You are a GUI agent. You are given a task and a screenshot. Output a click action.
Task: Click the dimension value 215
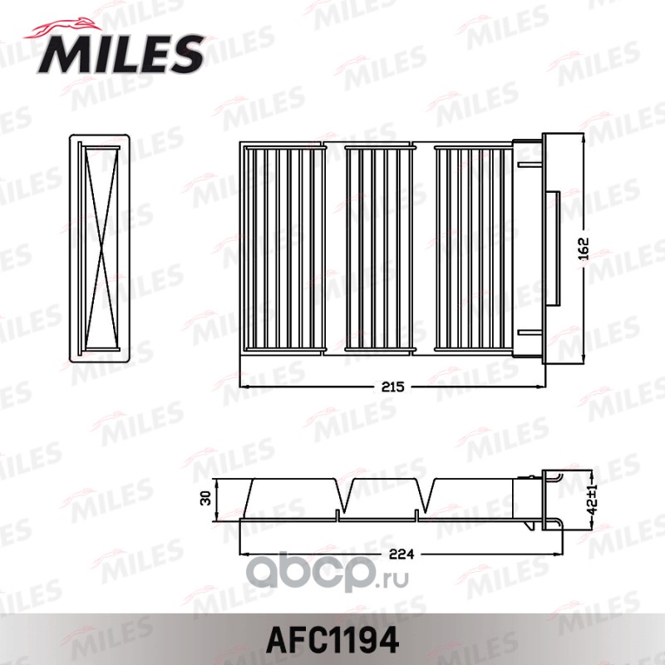tap(392, 387)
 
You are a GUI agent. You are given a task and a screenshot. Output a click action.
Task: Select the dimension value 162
tap(584, 249)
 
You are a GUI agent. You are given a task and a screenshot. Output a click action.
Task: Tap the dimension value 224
tap(401, 554)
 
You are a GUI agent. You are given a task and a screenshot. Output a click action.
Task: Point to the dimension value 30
tap(205, 497)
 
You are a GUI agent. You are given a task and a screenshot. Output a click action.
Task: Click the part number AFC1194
tap(332, 639)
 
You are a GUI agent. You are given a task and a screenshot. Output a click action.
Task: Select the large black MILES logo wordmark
tap(121, 55)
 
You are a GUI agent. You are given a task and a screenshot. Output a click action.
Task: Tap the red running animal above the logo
tap(64, 28)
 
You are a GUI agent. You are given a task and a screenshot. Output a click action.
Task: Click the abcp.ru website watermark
tap(328, 573)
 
